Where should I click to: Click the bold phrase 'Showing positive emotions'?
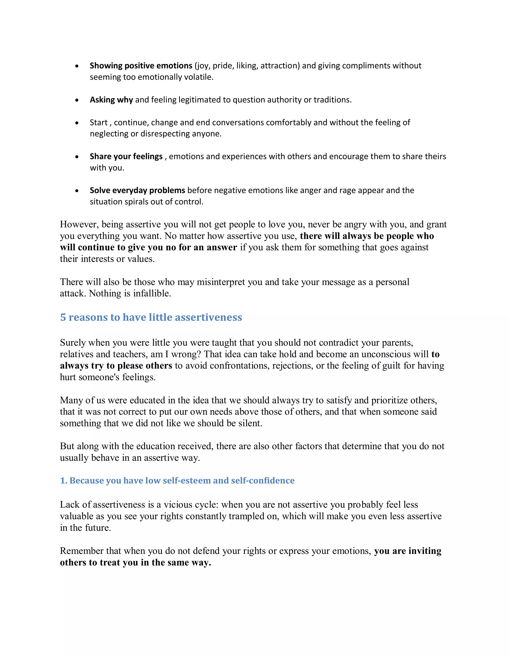click(x=141, y=66)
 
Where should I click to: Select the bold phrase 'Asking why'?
click(x=111, y=100)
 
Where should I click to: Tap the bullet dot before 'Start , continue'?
click(x=77, y=123)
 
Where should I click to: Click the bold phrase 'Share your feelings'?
click(x=126, y=156)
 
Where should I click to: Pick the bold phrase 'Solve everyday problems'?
click(x=137, y=190)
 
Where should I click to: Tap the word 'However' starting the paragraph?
click(x=79, y=224)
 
